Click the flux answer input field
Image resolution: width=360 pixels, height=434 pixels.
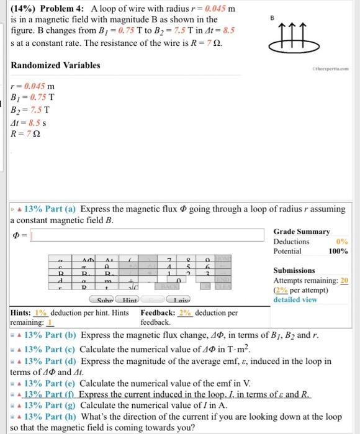coord(149,235)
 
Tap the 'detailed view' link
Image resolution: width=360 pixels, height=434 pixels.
coord(295,299)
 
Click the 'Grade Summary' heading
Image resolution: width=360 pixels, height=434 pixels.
coord(302,231)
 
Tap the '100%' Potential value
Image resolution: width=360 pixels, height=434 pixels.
coord(338,251)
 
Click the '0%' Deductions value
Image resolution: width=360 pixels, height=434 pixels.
coord(341,241)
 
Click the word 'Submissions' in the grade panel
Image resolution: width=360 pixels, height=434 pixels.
coord(294,270)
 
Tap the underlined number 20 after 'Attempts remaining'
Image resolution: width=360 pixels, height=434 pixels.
coord(344,280)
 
